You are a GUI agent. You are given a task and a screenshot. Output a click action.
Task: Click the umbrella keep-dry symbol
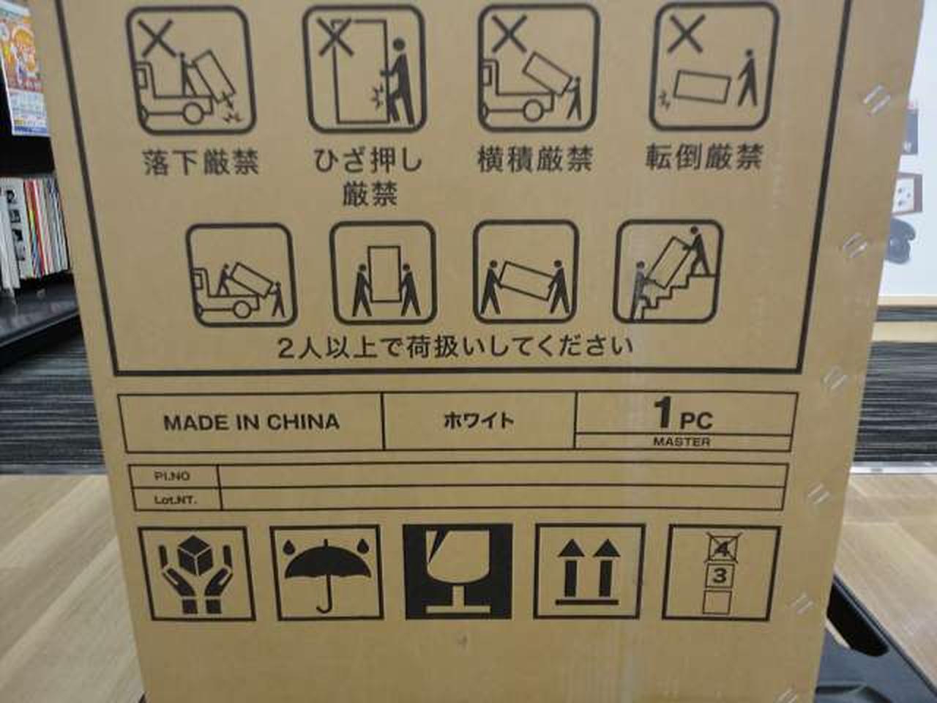click(x=326, y=573)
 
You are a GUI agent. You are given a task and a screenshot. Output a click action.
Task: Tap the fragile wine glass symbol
click(x=458, y=571)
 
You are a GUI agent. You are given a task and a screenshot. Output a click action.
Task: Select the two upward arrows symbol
click(x=589, y=571)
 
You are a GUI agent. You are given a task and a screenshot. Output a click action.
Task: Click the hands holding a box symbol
click(x=196, y=573)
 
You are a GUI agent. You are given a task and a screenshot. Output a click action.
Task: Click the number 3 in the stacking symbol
click(x=720, y=576)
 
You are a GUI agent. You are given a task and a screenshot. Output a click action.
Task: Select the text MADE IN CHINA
click(x=251, y=423)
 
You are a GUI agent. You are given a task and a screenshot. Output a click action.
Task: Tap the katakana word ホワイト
click(x=479, y=421)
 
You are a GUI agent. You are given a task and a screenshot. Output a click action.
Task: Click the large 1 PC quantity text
click(x=684, y=414)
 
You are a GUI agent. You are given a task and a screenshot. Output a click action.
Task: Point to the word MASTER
click(x=682, y=442)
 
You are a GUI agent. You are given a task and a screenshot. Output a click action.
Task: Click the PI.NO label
click(x=172, y=476)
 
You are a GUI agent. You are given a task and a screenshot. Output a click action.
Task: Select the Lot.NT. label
click(x=176, y=500)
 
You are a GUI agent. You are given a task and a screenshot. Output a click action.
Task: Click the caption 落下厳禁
click(x=201, y=162)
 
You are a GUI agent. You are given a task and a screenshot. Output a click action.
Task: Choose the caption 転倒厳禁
click(x=703, y=157)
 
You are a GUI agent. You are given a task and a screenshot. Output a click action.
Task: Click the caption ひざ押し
click(x=368, y=161)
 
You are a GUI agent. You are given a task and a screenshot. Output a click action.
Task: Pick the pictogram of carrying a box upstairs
click(x=668, y=272)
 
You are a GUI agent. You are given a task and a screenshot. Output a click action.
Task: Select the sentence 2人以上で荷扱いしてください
click(x=455, y=348)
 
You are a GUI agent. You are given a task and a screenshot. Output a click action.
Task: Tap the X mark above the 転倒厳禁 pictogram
click(x=686, y=33)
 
